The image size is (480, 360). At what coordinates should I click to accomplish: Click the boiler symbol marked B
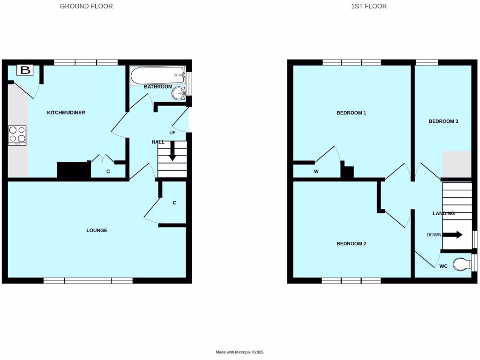point(25,71)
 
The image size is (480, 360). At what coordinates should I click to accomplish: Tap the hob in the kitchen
point(17,135)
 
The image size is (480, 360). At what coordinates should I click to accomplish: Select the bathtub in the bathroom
point(157,75)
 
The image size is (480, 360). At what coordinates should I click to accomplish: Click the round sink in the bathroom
point(179,94)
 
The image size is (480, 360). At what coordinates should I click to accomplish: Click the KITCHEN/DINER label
point(66,112)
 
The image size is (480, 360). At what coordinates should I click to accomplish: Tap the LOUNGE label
point(97,230)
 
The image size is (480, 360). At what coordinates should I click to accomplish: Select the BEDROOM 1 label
point(351,113)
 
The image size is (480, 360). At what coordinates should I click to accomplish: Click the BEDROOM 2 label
point(351,244)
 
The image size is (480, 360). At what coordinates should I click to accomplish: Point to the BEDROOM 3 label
point(443,121)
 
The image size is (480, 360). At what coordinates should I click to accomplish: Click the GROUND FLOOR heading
point(86,7)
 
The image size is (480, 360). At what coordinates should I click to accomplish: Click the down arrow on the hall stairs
point(172,153)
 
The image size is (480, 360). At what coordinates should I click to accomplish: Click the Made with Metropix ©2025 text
point(243,352)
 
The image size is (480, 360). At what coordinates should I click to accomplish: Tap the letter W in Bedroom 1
point(316,172)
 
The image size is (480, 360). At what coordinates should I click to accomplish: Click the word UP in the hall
point(172,133)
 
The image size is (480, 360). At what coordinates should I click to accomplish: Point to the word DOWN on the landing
point(434,234)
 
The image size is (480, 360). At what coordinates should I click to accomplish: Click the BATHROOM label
point(158,87)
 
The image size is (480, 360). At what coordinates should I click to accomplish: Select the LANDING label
point(443,213)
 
